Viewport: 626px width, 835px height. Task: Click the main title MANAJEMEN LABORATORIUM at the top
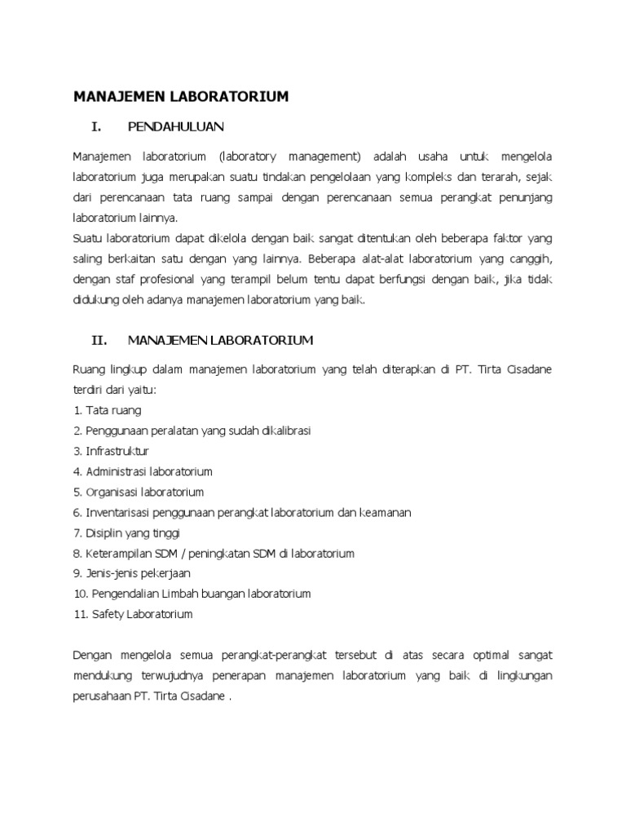pos(181,97)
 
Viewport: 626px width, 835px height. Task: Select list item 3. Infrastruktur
pos(111,451)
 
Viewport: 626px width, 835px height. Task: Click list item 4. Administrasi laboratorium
pos(143,471)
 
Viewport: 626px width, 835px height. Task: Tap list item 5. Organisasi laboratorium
pos(139,492)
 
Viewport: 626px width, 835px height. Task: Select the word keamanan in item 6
pos(386,512)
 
